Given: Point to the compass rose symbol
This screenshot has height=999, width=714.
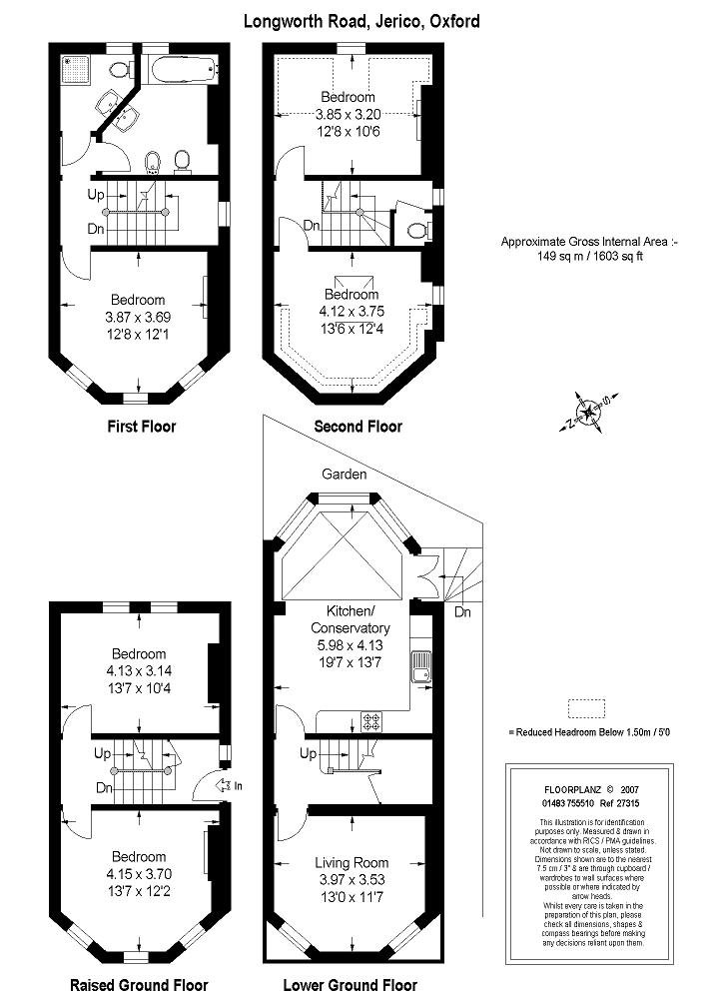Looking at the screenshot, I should click(586, 413).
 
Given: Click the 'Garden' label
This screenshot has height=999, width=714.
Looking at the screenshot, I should click(345, 475).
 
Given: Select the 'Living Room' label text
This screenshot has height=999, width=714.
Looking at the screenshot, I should click(352, 862).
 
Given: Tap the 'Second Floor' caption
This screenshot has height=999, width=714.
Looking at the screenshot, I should click(357, 427).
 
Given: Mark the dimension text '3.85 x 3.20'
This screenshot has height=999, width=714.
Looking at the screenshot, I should click(348, 114).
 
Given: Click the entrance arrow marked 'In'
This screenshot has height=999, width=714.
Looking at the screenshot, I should click(229, 786).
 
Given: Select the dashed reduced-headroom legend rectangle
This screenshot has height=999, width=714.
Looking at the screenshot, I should click(587, 708).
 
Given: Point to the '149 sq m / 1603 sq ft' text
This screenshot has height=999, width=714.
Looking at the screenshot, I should click(588, 256).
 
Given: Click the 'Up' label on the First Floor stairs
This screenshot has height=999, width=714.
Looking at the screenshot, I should click(96, 194).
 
